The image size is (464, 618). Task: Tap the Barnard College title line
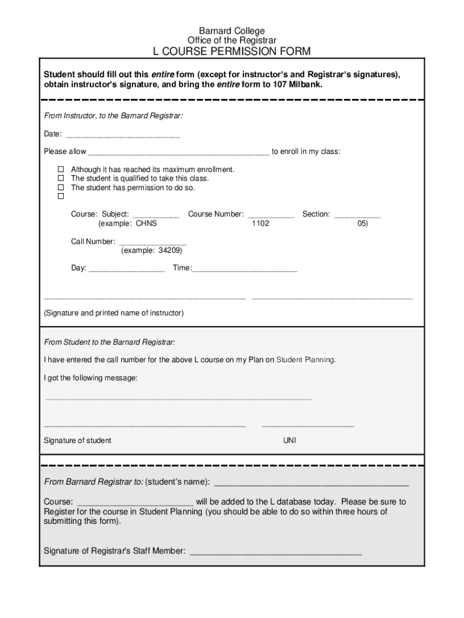[232, 31]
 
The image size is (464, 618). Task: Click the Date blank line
[122, 135]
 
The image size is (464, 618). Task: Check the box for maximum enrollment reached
[61, 170]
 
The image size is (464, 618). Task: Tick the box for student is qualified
[61, 179]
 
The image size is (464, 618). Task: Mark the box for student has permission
[61, 188]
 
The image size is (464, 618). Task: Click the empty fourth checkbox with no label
[61, 197]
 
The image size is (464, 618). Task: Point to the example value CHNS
[146, 224]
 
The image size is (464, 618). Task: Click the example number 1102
[260, 224]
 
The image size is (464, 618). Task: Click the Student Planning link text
[305, 360]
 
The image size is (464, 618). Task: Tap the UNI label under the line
[290, 441]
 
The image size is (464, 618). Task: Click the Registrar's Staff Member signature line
[275, 552]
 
